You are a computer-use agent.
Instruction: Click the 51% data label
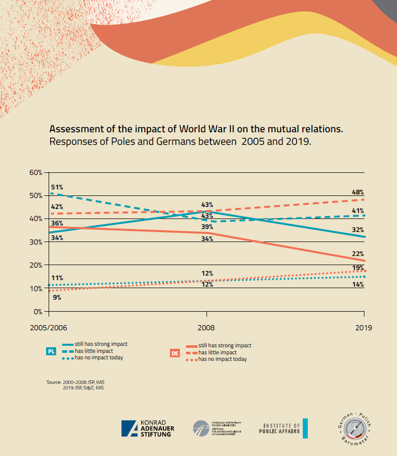tap(57, 187)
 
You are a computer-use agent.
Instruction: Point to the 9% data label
tap(57, 297)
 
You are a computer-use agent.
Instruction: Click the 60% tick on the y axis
tap(36, 172)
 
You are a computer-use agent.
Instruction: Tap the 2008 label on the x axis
tap(207, 328)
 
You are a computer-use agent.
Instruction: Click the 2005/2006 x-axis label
tap(49, 328)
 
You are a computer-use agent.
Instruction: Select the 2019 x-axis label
tap(363, 328)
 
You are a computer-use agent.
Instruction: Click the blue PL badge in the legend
tap(51, 351)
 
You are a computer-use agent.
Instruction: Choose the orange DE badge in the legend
tap(175, 353)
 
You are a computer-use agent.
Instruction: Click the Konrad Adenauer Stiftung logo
tap(147, 428)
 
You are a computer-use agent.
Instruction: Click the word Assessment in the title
tap(76, 129)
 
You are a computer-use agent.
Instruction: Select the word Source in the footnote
tap(54, 382)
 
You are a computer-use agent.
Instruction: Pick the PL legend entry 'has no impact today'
tap(99, 358)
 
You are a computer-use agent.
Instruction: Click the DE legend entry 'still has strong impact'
tap(225, 346)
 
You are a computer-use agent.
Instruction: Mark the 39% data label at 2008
tap(208, 227)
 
